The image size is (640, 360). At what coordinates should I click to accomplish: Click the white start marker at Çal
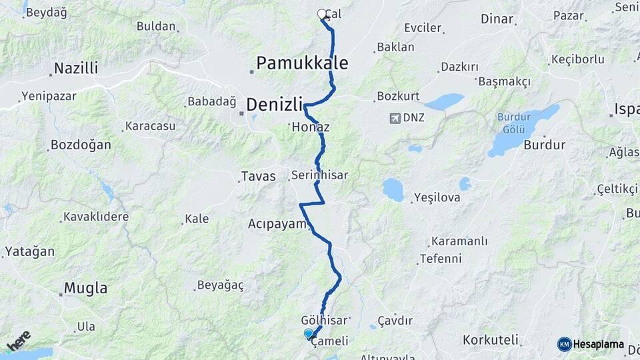pyautogui.click(x=322, y=14)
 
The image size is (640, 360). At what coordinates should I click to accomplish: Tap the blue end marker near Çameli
pyautogui.click(x=308, y=333)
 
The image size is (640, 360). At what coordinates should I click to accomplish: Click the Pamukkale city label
pyautogui.click(x=303, y=63)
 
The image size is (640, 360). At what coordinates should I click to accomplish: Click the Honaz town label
pyautogui.click(x=311, y=127)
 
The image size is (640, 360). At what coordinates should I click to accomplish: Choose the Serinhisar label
pyautogui.click(x=319, y=175)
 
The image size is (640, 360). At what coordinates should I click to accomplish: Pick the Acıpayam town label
pyautogui.click(x=277, y=223)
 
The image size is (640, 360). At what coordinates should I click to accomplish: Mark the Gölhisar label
pyautogui.click(x=323, y=319)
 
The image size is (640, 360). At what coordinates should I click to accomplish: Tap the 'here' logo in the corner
pyautogui.click(x=19, y=341)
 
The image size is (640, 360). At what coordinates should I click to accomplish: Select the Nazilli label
pyautogui.click(x=76, y=68)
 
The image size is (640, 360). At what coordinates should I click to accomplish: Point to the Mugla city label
pyautogui.click(x=85, y=289)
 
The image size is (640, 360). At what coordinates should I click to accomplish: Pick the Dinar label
pyautogui.click(x=497, y=19)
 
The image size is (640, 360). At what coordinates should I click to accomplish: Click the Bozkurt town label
pyautogui.click(x=398, y=96)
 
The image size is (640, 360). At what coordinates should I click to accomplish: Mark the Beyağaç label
pyautogui.click(x=220, y=285)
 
